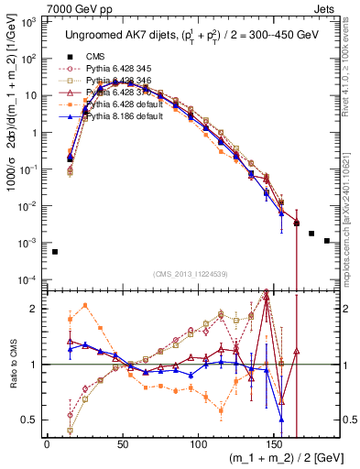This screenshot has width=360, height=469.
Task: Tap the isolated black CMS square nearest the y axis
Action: point(55,252)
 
